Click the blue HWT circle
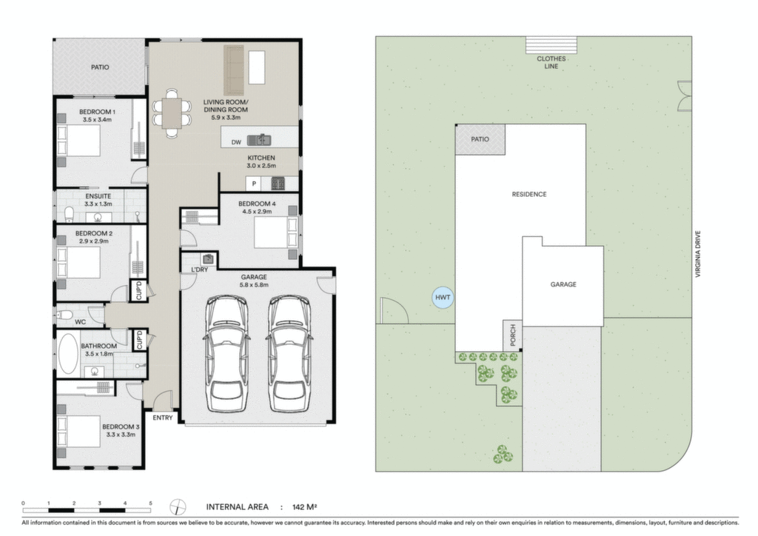tap(443, 297)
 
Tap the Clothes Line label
tap(551, 62)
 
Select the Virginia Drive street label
tap(697, 254)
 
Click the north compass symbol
tap(178, 507)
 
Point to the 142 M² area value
tap(304, 507)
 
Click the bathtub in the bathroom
tap(68, 353)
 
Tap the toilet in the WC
tap(64, 315)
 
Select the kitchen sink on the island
tap(259, 140)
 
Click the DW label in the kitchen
tap(236, 142)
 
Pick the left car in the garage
tap(227, 355)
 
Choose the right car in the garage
tap(289, 355)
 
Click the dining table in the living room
tap(172, 113)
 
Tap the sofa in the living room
tap(233, 70)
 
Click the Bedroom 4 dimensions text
tap(257, 212)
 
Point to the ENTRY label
tap(162, 418)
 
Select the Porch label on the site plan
tap(513, 335)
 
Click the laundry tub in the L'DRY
tap(208, 259)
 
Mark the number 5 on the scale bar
tap(150, 503)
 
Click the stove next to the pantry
tap(278, 184)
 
